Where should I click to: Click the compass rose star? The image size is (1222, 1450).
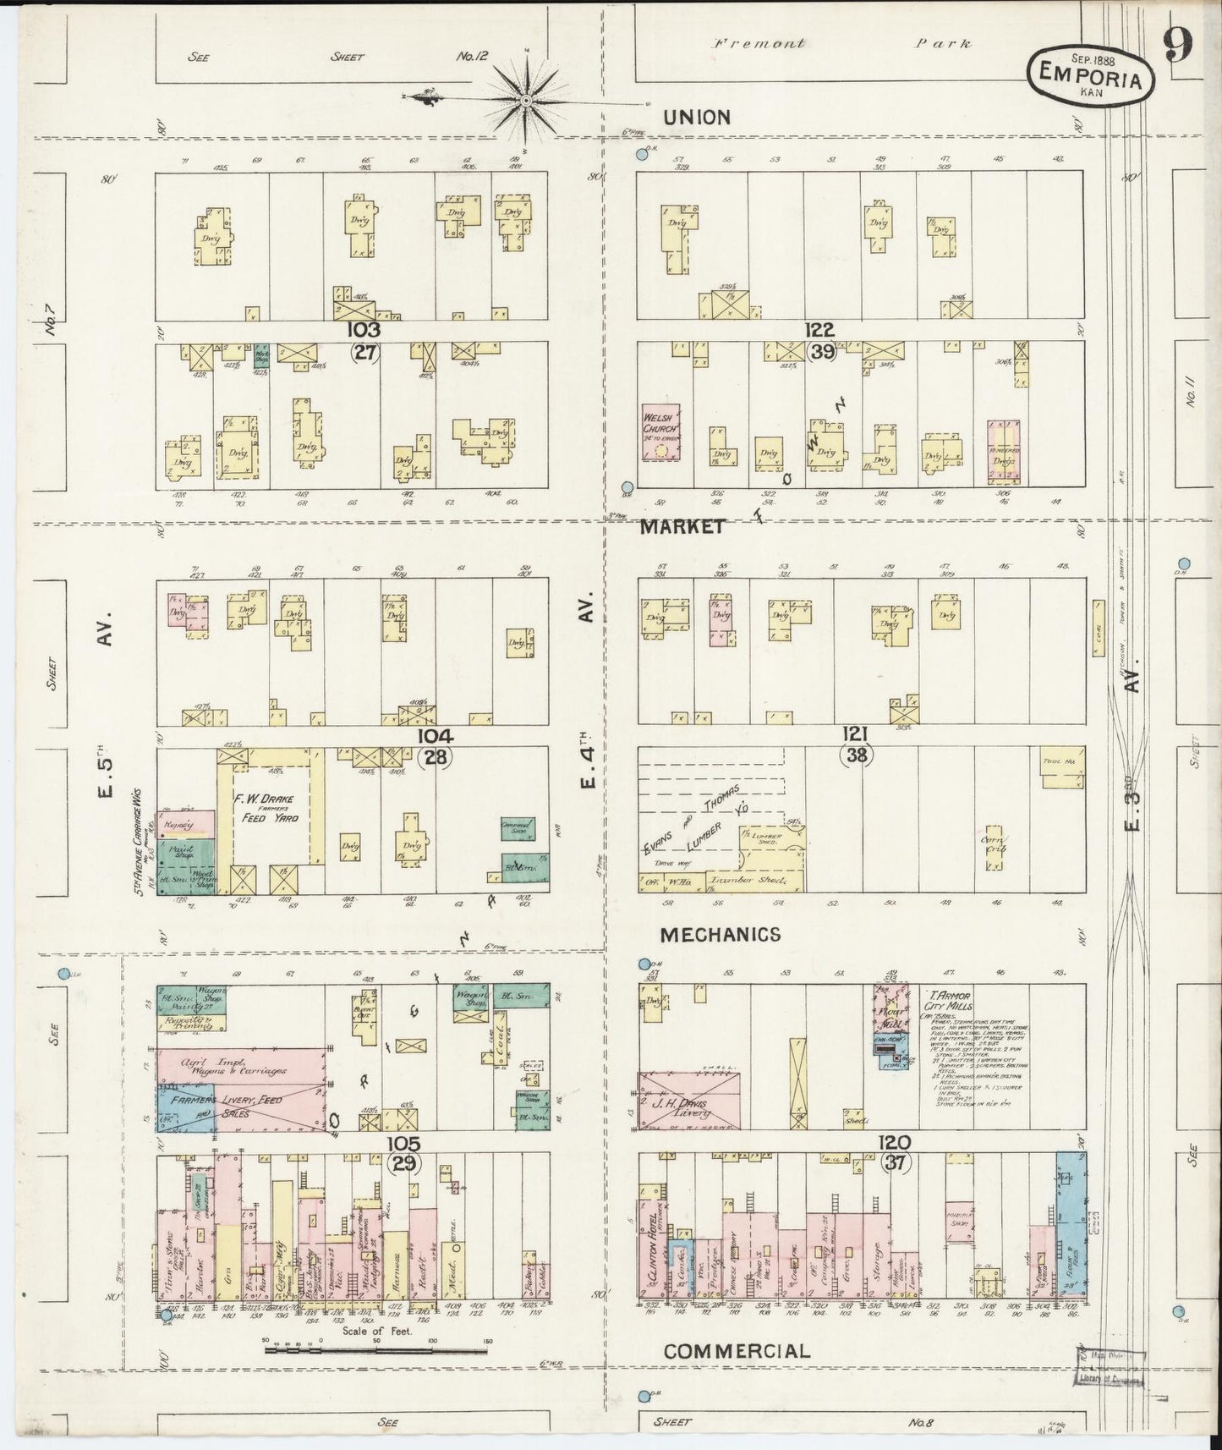(x=527, y=101)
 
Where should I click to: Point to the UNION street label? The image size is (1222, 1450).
(x=696, y=118)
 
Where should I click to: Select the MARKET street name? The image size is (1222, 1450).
(x=682, y=527)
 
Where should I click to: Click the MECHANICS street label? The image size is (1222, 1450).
(x=721, y=934)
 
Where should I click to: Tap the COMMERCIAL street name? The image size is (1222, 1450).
(x=737, y=1351)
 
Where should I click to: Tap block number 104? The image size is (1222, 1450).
(x=435, y=736)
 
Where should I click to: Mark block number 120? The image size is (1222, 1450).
(x=894, y=1143)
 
